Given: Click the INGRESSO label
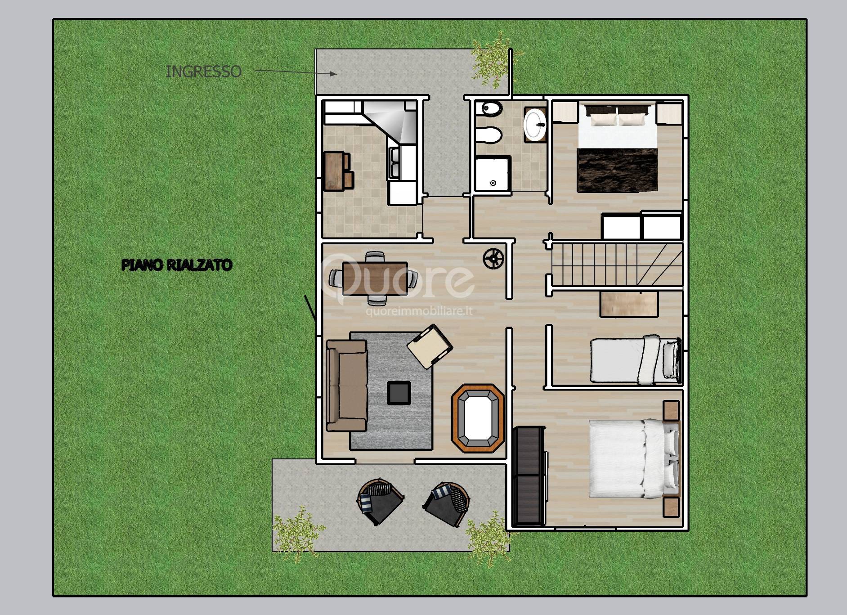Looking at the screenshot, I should click(x=203, y=72).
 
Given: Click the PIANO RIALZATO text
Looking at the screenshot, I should click(x=177, y=265).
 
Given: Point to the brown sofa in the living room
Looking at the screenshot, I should click(x=345, y=386).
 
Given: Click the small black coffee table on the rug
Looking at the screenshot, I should click(x=399, y=392).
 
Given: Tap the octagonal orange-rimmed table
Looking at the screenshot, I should click(x=478, y=417).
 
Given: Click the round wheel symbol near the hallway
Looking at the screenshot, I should click(x=493, y=258).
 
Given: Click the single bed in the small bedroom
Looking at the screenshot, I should click(x=634, y=360).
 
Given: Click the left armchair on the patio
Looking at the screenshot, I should click(x=379, y=501).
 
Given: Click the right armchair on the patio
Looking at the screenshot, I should click(x=447, y=503).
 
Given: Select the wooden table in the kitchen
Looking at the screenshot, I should click(x=335, y=171).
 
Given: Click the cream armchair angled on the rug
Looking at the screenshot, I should click(x=429, y=346).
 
